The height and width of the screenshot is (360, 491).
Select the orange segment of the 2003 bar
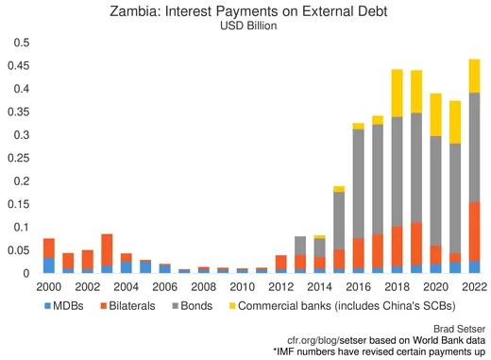(x=107, y=249)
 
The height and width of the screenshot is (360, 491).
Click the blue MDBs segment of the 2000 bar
(x=48, y=265)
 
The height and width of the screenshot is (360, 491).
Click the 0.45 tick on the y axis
(x=20, y=66)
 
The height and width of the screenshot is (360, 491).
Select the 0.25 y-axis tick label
(x=20, y=158)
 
